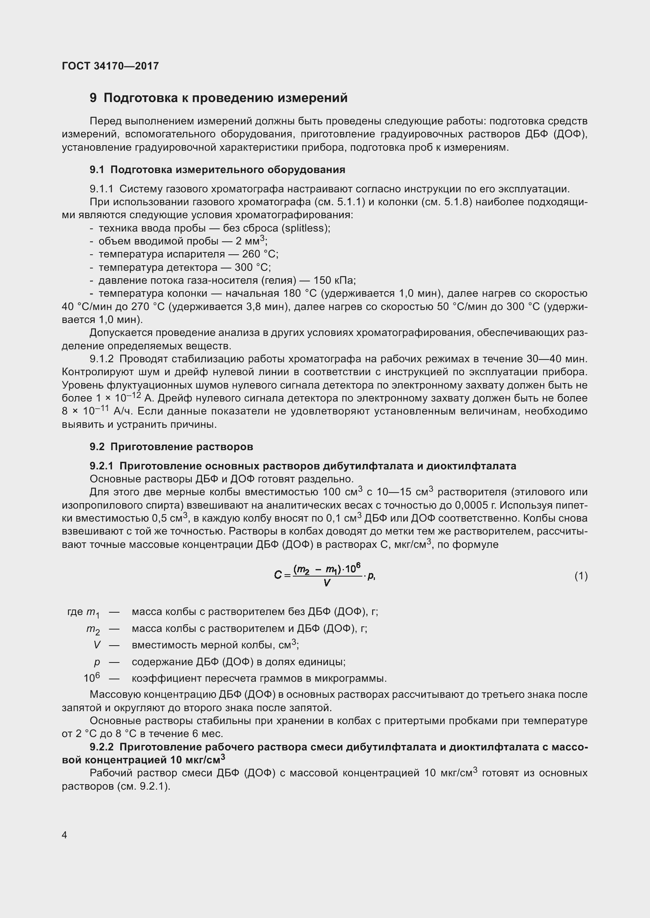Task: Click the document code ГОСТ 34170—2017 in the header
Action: [x=110, y=66]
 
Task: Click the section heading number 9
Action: [x=93, y=98]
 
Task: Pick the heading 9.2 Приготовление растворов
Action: [x=171, y=447]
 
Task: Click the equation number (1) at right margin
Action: [x=581, y=576]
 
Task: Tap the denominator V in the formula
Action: [x=327, y=583]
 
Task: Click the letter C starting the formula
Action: [x=278, y=575]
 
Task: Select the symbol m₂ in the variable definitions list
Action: [x=93, y=629]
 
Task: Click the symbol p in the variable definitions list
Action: [x=97, y=662]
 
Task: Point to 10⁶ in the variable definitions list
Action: [x=92, y=678]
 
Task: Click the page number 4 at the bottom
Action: [x=65, y=835]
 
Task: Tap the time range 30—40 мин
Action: [x=557, y=359]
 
